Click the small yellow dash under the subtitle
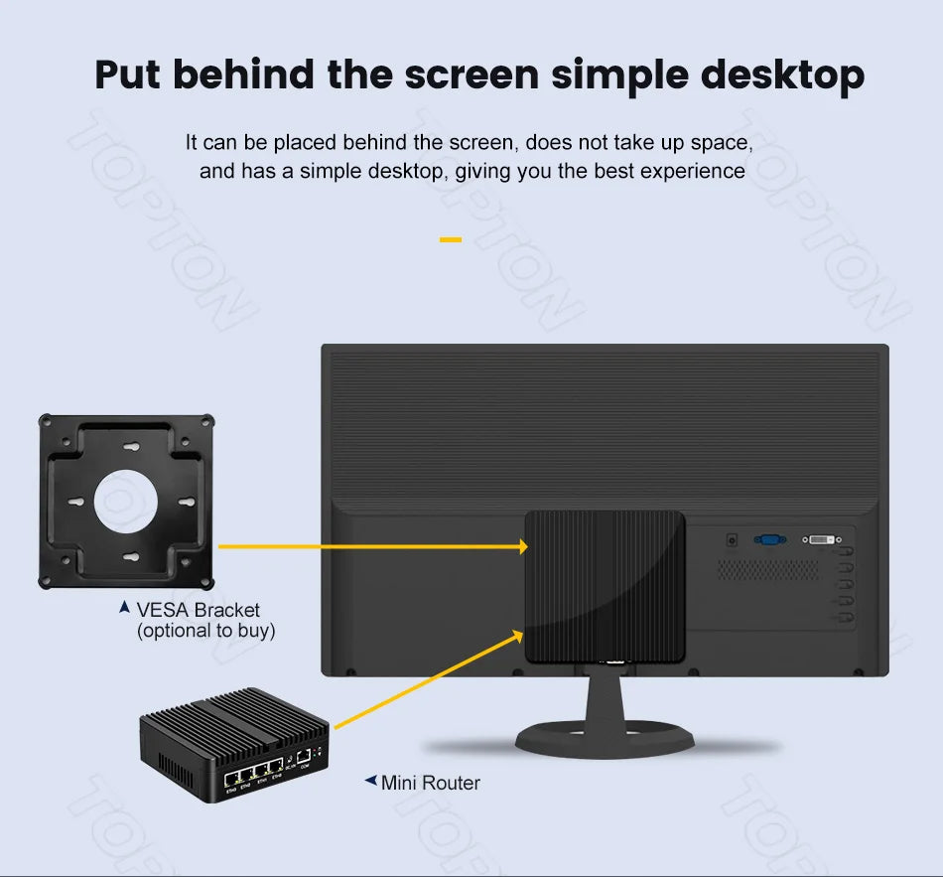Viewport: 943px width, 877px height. pos(451,239)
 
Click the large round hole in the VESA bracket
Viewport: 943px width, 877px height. pos(125,499)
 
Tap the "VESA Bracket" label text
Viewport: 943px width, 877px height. pos(198,610)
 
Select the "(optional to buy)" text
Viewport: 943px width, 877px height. pos(205,630)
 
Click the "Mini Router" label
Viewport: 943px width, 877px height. pos(430,783)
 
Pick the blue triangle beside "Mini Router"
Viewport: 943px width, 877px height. pos(370,782)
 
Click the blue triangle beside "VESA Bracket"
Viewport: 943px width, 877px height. pos(124,606)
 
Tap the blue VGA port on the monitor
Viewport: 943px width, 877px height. pos(769,539)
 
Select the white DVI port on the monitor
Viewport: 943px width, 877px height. pos(820,539)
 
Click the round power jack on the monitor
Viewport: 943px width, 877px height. pos(733,539)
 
